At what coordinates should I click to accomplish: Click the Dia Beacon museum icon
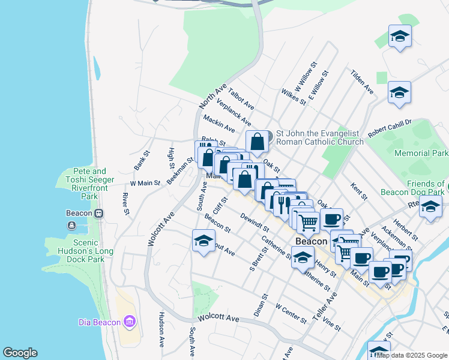click(130, 322)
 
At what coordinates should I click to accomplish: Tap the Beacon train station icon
click(98, 213)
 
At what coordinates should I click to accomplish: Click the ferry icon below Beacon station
click(72, 226)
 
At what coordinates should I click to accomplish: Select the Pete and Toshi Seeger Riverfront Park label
click(89, 184)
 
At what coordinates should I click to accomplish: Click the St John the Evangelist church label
click(319, 137)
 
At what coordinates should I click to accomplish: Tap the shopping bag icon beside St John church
click(257, 142)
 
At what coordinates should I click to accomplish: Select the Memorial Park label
click(421, 154)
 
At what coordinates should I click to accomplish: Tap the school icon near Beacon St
click(203, 241)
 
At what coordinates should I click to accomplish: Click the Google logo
click(20, 353)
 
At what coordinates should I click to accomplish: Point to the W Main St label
click(145, 183)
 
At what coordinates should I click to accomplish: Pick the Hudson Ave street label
click(161, 329)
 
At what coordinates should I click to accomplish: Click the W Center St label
click(291, 313)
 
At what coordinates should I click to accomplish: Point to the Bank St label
click(140, 161)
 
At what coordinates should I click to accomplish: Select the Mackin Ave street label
click(218, 123)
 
